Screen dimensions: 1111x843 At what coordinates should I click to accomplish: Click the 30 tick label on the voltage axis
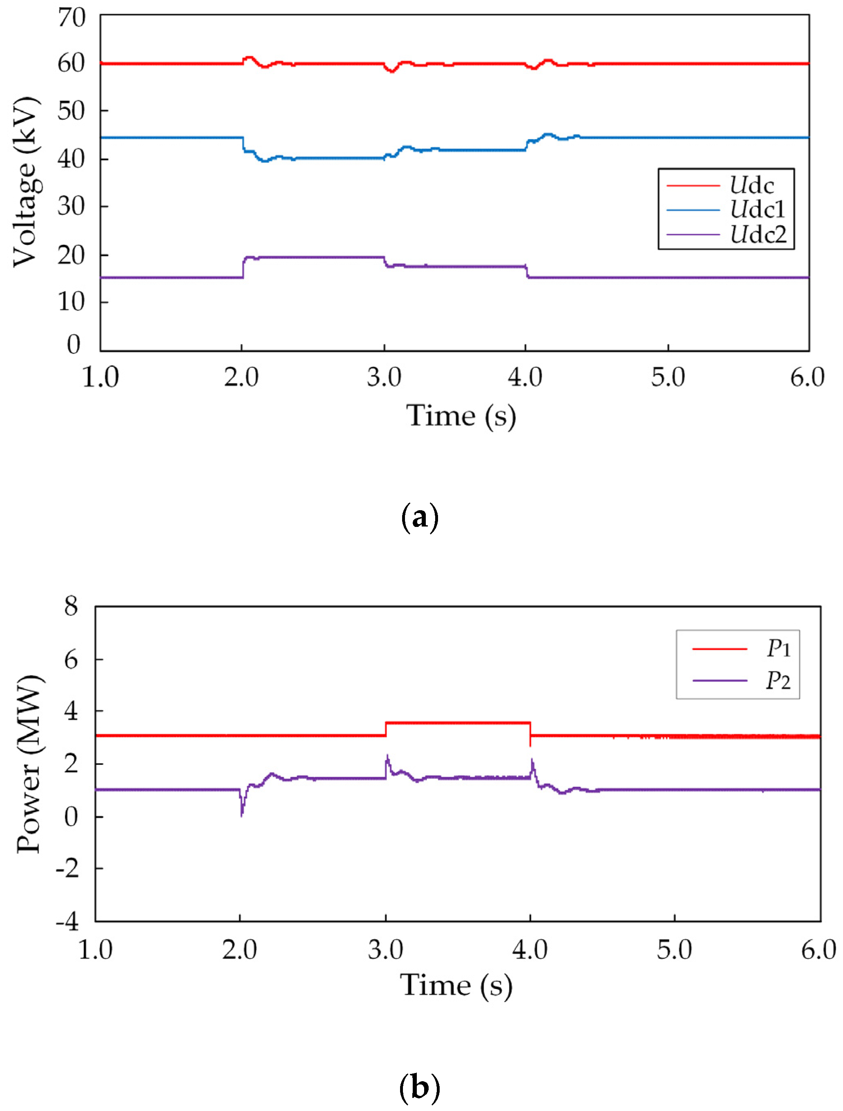click(71, 206)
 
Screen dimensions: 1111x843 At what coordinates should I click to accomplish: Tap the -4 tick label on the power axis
click(67, 922)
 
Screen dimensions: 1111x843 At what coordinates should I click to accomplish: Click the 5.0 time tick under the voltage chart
click(668, 377)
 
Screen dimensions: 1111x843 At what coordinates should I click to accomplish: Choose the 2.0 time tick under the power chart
click(240, 950)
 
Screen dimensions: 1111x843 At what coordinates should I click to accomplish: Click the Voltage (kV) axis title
click(25, 182)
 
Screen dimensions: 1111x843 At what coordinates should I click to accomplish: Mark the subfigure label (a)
click(420, 518)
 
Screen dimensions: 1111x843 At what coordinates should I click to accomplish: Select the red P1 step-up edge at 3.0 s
click(386, 729)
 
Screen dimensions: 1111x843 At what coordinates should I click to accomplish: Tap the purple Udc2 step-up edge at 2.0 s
click(244, 267)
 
